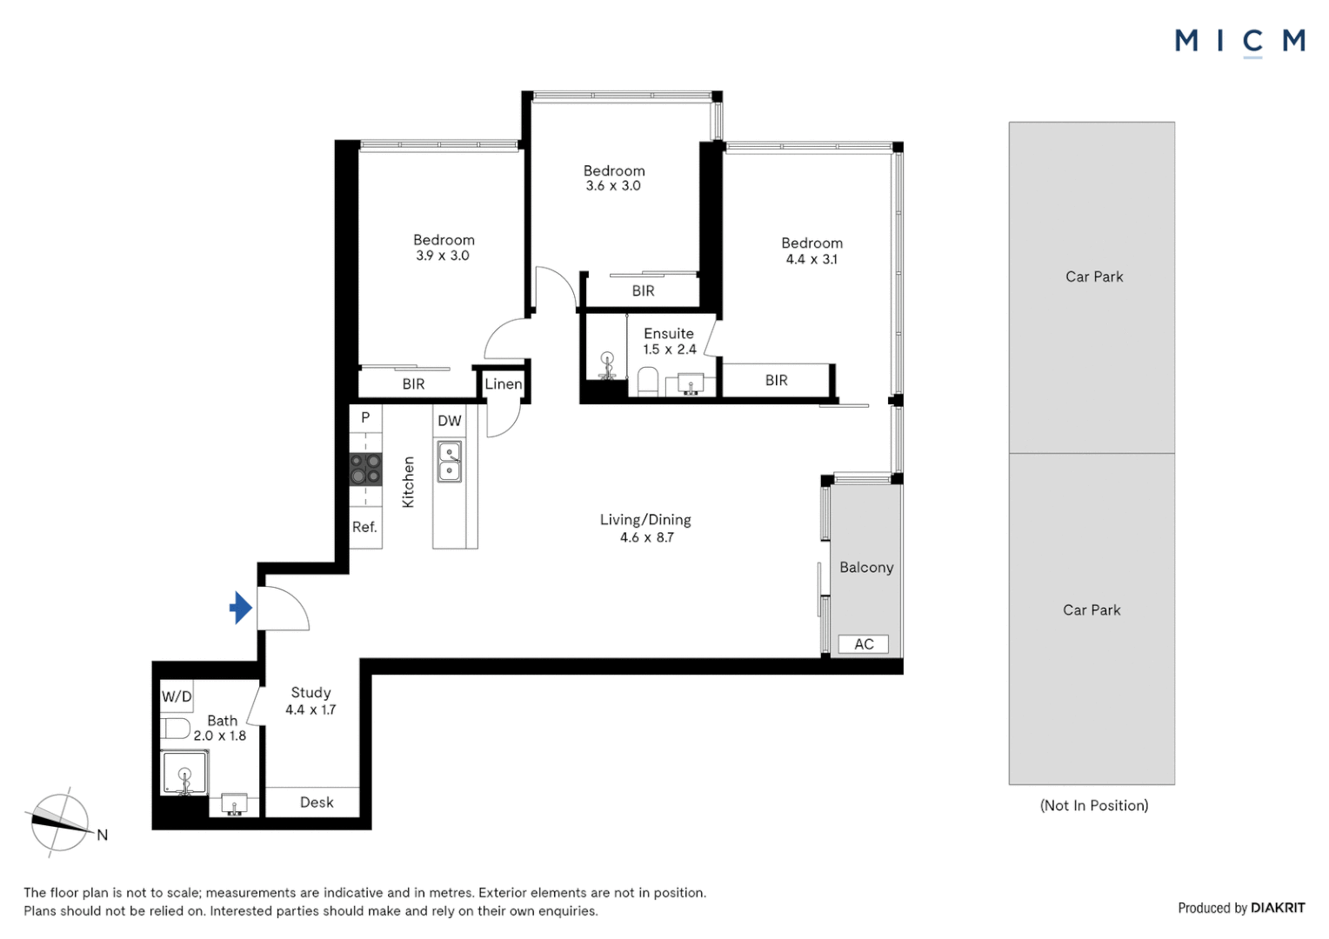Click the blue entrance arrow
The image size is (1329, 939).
pos(241,608)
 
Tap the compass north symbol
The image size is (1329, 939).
pos(60,822)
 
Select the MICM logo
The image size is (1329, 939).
pos(1239,41)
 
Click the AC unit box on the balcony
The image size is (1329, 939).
pos(863,644)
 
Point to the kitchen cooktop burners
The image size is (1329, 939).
pos(365,469)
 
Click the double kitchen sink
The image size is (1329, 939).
pos(450,462)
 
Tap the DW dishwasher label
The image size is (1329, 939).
pos(450,421)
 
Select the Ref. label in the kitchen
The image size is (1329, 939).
pos(364,527)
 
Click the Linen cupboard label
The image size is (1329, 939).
pos(504,384)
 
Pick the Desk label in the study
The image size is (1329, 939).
pos(317,802)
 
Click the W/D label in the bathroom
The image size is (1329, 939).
pos(177,696)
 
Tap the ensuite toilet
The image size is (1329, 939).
pos(648,381)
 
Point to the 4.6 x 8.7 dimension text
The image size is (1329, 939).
pos(646,537)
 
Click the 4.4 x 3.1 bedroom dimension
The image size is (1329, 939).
pos(811,259)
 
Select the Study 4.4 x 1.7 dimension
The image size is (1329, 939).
pos(311,709)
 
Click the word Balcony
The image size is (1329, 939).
pos(866,568)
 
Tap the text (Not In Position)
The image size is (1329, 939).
pos(1093,805)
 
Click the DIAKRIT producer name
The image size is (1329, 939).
pos(1277,908)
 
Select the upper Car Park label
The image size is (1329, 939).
pos(1093,276)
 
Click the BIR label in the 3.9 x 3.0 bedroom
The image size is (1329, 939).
pos(413,384)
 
